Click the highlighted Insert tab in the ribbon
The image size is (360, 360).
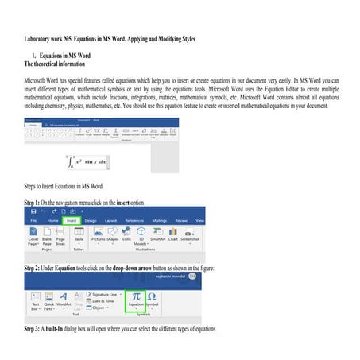(x=72, y=220)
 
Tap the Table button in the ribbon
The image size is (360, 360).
(x=79, y=238)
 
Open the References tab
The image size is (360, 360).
(x=134, y=220)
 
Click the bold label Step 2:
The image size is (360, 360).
(x=37, y=269)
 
